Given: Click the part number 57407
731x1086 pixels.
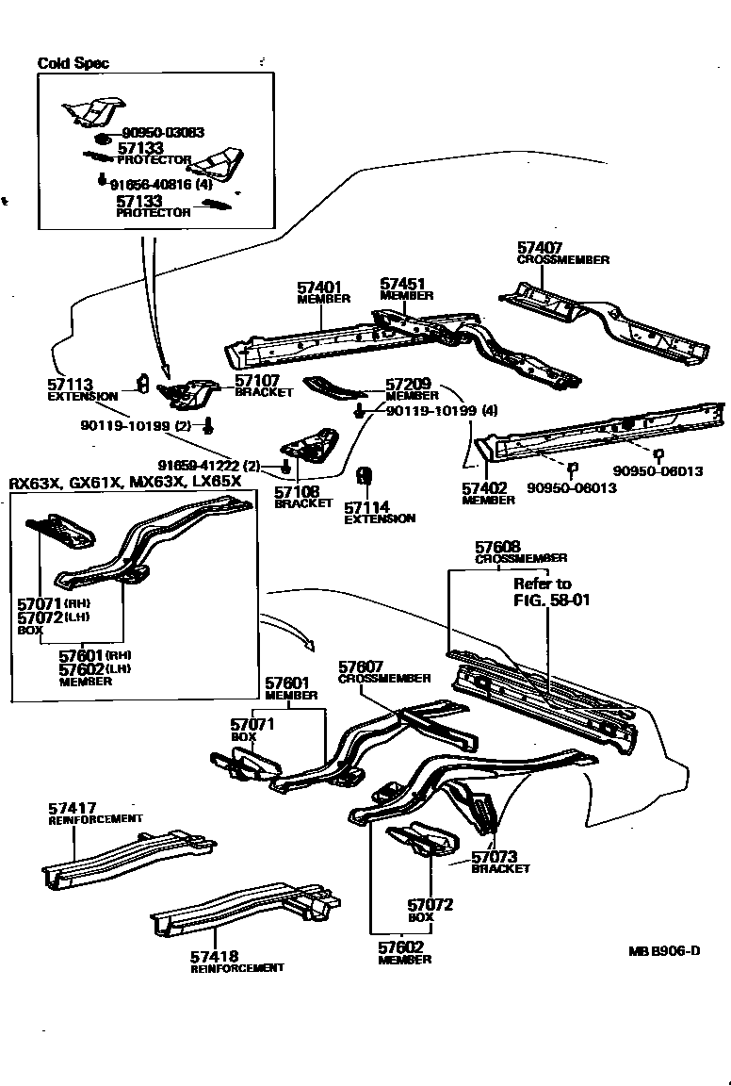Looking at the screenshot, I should (x=539, y=248).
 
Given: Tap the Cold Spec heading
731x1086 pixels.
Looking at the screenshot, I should (x=73, y=63).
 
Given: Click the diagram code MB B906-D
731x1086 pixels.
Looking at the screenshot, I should (x=664, y=950).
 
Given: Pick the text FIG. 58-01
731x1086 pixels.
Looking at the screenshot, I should (x=552, y=599).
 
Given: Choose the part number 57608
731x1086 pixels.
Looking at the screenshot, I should (x=496, y=547).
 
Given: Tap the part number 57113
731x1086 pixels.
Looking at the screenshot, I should (x=69, y=385).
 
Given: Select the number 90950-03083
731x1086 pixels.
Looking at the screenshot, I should (x=163, y=134).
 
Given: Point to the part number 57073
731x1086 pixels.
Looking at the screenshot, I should (x=494, y=857).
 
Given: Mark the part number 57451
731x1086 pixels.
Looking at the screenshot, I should (x=402, y=284).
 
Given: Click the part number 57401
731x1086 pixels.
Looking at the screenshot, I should (x=318, y=287).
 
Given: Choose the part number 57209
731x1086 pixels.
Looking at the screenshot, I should (x=407, y=385).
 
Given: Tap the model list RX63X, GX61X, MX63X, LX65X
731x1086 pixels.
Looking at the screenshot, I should (x=125, y=482).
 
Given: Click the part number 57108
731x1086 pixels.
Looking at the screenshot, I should (x=296, y=491).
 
